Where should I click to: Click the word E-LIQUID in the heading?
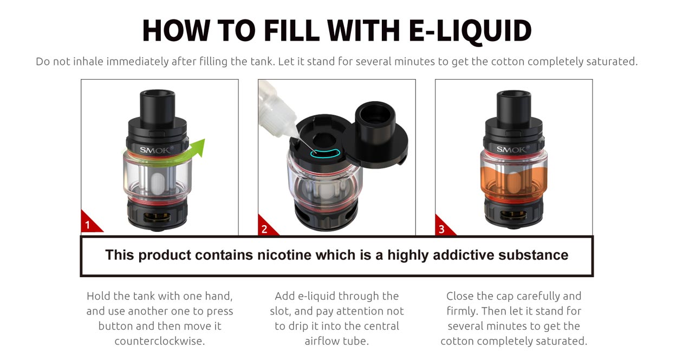469,31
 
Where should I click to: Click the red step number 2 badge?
264,229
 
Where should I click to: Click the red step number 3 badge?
441,229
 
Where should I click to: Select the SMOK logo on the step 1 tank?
155,150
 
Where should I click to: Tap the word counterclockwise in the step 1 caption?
160,342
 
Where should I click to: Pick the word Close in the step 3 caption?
460,296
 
